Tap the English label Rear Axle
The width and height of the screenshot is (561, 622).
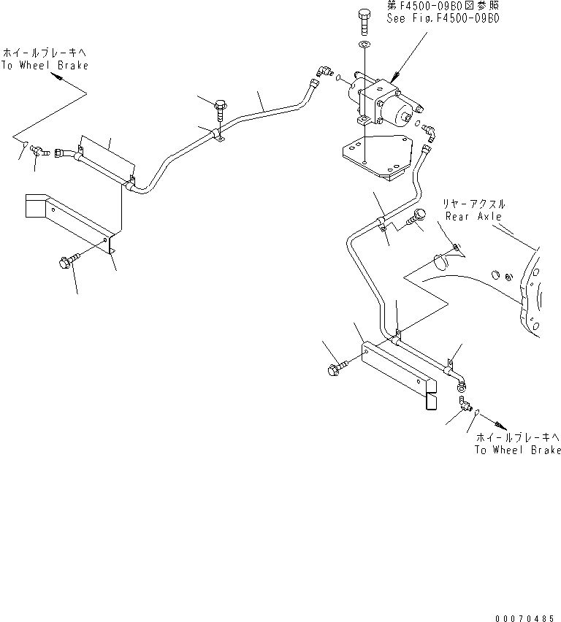pyautogui.click(x=474, y=216)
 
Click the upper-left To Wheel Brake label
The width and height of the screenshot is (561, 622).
pyautogui.click(x=45, y=65)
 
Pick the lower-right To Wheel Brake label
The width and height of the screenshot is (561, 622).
pyautogui.click(x=517, y=450)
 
